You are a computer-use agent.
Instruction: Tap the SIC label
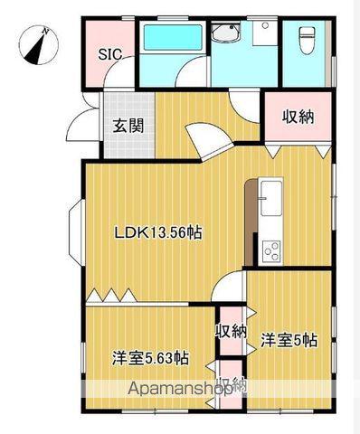point(111,53)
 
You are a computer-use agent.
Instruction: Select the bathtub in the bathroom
point(172,39)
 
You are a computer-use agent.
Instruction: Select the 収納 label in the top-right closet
point(298,116)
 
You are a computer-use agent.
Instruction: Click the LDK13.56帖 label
point(156,232)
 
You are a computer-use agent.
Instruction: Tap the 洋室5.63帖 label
point(150,356)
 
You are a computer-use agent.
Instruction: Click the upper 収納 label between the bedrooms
point(231,331)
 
